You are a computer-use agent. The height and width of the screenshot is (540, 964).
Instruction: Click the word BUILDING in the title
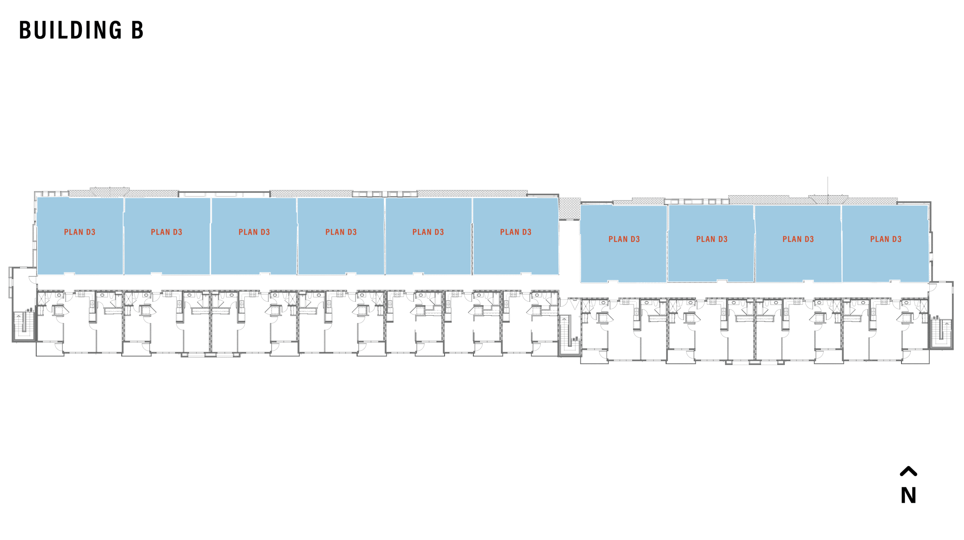click(x=70, y=30)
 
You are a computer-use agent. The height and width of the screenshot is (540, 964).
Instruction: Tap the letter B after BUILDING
click(x=137, y=30)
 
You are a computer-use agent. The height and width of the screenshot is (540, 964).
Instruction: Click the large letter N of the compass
click(x=908, y=495)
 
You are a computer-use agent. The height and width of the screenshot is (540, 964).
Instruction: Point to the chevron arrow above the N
click(x=908, y=471)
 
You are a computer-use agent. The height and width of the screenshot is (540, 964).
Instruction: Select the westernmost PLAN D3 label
click(x=79, y=232)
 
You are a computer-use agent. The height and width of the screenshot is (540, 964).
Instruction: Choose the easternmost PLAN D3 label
click(x=886, y=239)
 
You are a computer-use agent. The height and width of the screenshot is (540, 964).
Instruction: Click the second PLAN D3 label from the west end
click(x=166, y=232)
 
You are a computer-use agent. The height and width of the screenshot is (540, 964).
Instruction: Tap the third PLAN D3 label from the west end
click(x=254, y=232)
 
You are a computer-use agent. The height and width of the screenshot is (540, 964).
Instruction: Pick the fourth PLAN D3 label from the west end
click(x=341, y=232)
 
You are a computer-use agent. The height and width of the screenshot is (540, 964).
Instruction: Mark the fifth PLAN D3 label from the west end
click(x=428, y=232)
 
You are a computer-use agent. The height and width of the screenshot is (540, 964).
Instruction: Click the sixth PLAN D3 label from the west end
click(x=516, y=232)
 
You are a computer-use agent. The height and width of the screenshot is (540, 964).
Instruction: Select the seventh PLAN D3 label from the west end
click(x=624, y=239)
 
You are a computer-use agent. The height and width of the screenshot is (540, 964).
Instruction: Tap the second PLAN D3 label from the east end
click(x=798, y=239)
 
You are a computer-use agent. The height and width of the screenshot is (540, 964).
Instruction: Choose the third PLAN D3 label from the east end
click(x=712, y=239)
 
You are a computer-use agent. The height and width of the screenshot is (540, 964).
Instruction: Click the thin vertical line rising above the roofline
click(x=828, y=186)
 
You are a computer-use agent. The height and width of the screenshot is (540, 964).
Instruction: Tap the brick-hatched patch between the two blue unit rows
click(x=569, y=208)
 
